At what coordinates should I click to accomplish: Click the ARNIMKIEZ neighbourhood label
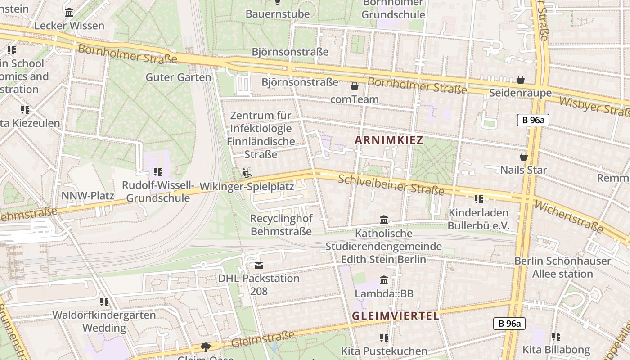[389, 140]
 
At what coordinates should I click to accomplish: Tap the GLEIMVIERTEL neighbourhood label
[395, 316]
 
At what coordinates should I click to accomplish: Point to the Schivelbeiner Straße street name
[391, 185]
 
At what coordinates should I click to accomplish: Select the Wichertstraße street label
[569, 216]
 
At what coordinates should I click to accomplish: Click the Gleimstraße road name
[263, 339]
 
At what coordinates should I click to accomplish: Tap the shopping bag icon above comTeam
[355, 86]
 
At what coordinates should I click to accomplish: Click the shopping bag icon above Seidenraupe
[521, 80]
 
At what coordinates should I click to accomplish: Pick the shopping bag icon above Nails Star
[523, 157]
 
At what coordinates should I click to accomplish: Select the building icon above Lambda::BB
[384, 280]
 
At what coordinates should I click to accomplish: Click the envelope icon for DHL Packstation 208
[259, 265]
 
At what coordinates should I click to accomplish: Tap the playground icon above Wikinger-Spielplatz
[247, 173]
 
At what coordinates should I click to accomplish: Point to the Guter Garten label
[178, 77]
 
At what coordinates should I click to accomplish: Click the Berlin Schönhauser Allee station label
[562, 267]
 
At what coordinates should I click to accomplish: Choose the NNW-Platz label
[88, 196]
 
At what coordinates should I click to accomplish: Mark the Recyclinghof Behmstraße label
[281, 225]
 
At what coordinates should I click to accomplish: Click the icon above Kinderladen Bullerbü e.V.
[478, 199]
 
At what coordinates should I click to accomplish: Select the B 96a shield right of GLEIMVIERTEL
[509, 323]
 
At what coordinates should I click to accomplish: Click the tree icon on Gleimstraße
[206, 347]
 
